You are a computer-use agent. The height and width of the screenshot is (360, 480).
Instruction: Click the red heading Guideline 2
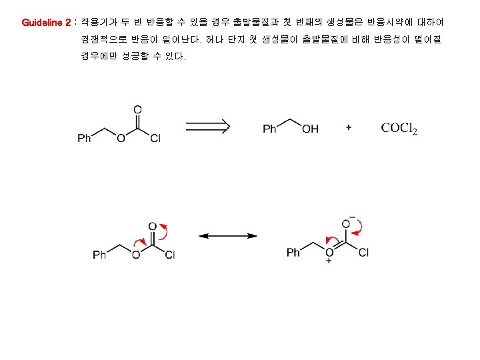tap(46, 22)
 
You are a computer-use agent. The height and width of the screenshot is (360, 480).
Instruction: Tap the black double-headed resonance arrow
tap(229, 235)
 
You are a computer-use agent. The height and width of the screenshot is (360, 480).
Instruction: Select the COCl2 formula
tap(399, 128)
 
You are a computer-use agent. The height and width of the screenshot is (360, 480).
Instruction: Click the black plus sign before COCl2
tap(349, 127)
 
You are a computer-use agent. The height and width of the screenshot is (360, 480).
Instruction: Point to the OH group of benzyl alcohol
tap(311, 129)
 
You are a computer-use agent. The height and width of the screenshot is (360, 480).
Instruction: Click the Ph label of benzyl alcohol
tap(269, 129)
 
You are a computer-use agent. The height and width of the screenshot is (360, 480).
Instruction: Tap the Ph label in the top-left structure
tap(85, 139)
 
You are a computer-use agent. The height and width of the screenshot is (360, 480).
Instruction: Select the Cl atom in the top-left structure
tap(155, 139)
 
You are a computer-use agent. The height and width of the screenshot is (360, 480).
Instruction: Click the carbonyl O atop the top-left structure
tap(137, 109)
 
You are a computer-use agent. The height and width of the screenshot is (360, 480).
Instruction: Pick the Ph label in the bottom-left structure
tap(99, 255)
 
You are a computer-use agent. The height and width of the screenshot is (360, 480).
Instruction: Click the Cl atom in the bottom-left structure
tap(170, 255)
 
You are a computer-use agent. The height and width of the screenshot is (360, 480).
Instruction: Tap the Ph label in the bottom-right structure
tap(293, 253)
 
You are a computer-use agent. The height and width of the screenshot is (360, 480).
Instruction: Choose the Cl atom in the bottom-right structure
tap(363, 253)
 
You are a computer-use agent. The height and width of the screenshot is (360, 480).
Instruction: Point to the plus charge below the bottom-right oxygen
tap(329, 263)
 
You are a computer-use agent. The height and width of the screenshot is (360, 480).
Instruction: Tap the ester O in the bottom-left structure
tap(135, 255)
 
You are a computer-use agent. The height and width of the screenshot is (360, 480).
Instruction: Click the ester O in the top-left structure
tap(121, 139)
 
